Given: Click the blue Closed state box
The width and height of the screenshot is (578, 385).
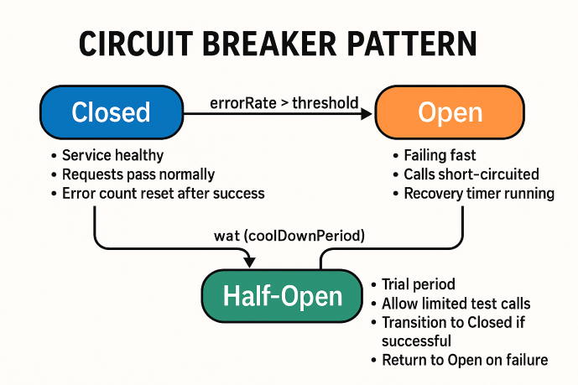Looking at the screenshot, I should pos(110,112).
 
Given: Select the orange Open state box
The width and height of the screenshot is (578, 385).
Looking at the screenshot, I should pos(449,112).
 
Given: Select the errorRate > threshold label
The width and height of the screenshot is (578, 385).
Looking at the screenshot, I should pos(284,103).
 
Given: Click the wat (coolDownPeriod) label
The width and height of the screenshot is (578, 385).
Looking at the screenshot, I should pos(289,237).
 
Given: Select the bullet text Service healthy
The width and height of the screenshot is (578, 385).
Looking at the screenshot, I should pos(112,156).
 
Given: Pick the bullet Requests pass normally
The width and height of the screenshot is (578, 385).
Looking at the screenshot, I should pos(138,174).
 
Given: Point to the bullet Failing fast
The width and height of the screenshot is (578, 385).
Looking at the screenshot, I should pos(439,156).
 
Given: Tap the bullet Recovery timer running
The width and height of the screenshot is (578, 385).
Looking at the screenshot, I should pos(478,193).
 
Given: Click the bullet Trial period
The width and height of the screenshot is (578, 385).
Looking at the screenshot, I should pos(418,284).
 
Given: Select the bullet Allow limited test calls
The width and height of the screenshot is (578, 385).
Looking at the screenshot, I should pos(456,304).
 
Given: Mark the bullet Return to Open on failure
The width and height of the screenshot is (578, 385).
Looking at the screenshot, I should pos(464,360).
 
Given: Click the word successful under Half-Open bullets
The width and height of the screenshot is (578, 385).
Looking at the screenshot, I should pos(416,341).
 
